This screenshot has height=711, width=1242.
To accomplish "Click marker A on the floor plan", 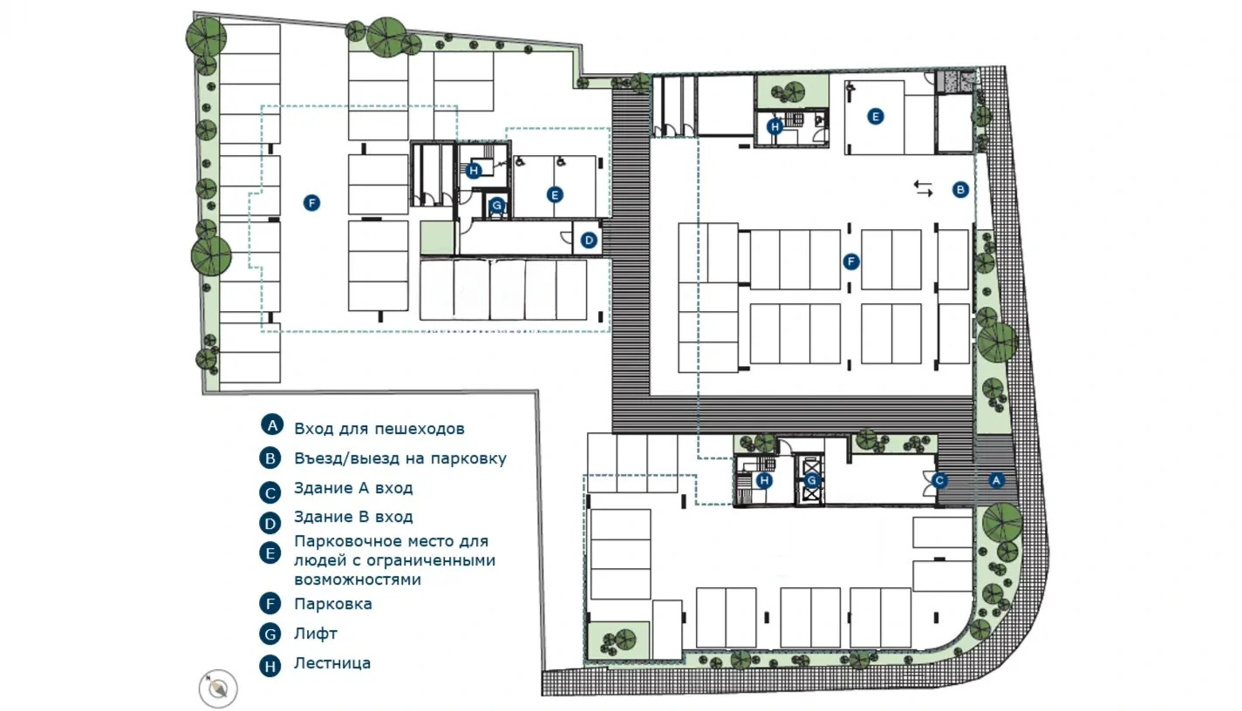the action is [996, 480].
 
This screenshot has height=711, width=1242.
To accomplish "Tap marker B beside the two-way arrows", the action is [960, 190].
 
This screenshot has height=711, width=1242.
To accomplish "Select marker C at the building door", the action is [939, 481].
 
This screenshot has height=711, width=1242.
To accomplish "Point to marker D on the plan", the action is [588, 240].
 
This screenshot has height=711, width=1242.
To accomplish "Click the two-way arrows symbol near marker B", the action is [923, 188].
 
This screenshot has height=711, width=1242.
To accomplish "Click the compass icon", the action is [218, 688].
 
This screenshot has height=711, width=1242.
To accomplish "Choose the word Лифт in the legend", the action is [316, 633].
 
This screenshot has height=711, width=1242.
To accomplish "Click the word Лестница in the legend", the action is [332, 663].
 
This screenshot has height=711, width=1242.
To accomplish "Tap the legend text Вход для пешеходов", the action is [379, 429].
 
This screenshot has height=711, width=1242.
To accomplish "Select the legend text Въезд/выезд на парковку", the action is [400, 458].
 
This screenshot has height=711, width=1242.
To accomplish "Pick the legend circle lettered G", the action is [270, 633].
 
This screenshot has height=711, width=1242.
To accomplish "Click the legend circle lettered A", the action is [272, 424].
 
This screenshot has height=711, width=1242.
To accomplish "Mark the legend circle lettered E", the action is [270, 553].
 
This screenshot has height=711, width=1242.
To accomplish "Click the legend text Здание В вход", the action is [353, 517].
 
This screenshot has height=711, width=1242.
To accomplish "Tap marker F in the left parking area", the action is [311, 203].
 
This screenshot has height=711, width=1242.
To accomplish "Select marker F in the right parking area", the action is [851, 261].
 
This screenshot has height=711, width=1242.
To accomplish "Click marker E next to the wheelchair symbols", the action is [555, 195].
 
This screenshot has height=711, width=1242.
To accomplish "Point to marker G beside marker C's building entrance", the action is [811, 481].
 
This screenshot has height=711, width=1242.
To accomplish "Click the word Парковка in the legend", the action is [332, 604].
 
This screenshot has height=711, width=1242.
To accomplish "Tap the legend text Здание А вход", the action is [353, 488].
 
